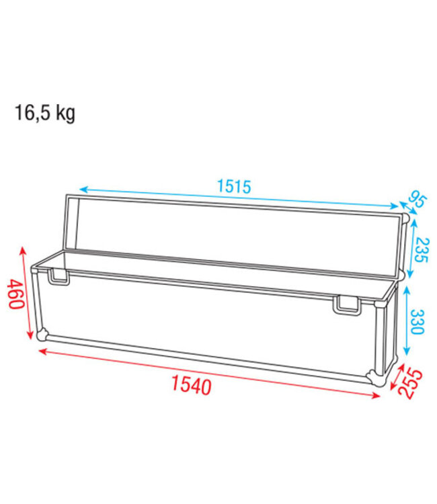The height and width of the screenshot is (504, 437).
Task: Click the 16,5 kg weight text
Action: pos(45,113)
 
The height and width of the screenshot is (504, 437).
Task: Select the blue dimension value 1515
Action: pos(233,186)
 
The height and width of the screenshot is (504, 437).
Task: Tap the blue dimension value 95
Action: pos(418,201)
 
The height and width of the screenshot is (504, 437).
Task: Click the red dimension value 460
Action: pos(17,293)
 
